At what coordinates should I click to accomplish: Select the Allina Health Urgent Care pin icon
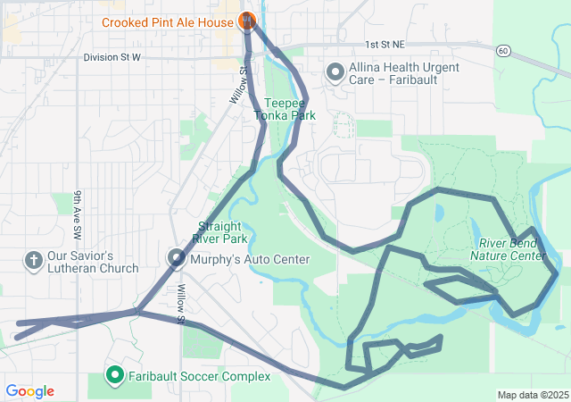pos(335,71)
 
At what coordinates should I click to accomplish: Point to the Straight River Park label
pos(222,232)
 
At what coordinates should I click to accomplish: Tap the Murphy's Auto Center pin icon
pos(176,259)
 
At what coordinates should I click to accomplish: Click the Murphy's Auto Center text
pos(250,260)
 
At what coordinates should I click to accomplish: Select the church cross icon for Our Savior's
pos(33,261)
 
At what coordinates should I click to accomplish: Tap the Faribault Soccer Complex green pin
pos(114,376)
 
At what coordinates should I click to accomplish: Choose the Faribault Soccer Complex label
pos(199,377)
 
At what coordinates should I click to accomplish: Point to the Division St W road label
pos(112,57)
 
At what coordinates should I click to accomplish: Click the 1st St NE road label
pos(385,44)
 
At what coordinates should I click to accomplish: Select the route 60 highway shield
pos(504,51)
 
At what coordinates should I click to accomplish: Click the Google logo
pos(29,391)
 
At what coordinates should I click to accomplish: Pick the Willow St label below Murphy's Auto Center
pos(181,304)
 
